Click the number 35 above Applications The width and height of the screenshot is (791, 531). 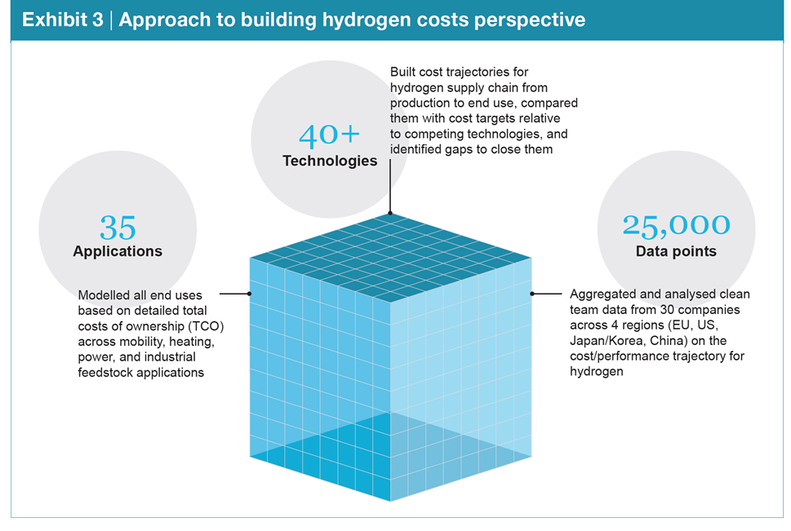click(118, 227)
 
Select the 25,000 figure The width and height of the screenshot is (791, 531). click(676, 225)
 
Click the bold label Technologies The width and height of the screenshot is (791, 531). click(330, 161)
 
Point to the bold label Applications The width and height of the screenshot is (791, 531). click(118, 251)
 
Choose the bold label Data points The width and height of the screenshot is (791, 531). click(676, 251)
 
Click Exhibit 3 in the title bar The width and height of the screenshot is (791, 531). click(62, 20)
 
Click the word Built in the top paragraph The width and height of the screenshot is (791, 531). click(403, 73)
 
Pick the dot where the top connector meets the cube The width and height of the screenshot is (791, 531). click(390, 215)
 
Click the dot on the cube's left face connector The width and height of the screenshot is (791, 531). click(249, 293)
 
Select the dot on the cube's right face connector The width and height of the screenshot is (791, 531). click(532, 293)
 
